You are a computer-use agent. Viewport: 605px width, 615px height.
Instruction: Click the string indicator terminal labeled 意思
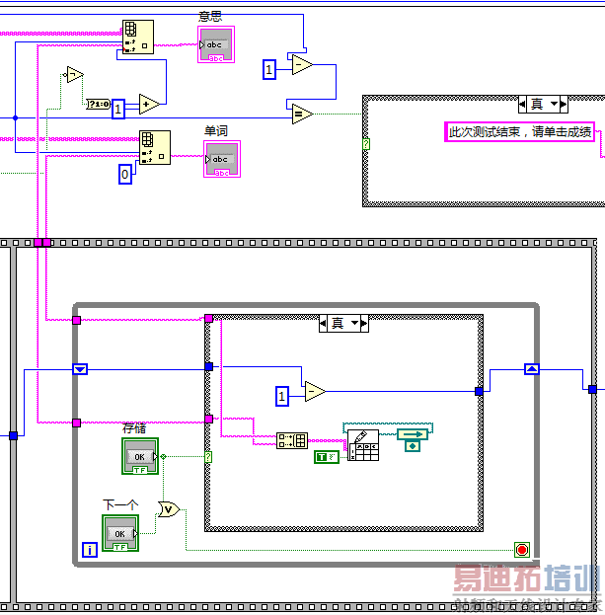coord(215,44)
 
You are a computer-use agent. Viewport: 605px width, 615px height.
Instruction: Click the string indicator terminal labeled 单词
coord(221,158)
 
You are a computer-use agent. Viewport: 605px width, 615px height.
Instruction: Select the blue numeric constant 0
coord(124,175)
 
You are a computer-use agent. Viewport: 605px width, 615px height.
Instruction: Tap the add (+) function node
coord(149,105)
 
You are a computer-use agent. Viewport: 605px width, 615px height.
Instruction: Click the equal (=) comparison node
coord(300,114)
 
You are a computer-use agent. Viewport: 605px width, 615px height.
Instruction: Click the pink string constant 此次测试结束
coord(519,132)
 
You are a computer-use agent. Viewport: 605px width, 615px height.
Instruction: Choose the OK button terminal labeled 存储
coord(139,456)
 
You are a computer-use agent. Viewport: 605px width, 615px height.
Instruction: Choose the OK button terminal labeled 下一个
coord(120,533)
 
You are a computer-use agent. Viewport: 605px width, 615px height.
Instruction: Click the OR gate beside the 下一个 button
coord(169,509)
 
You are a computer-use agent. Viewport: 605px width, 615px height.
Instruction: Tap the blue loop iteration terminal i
coord(89,549)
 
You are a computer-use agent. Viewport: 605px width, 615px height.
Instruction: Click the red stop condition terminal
coord(522,549)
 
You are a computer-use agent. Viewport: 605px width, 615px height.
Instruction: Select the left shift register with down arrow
coord(81,369)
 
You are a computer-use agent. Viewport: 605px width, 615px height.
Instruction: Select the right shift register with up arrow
coord(531,369)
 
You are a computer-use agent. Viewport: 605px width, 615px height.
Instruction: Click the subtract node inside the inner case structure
coord(314,392)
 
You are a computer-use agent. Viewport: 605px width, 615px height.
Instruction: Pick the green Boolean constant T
coord(325,456)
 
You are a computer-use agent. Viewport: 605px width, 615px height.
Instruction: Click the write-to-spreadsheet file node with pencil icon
coord(363,446)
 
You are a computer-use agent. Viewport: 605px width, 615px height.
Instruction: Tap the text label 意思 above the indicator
coord(209,17)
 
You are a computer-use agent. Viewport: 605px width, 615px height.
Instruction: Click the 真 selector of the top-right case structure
coord(542,104)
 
